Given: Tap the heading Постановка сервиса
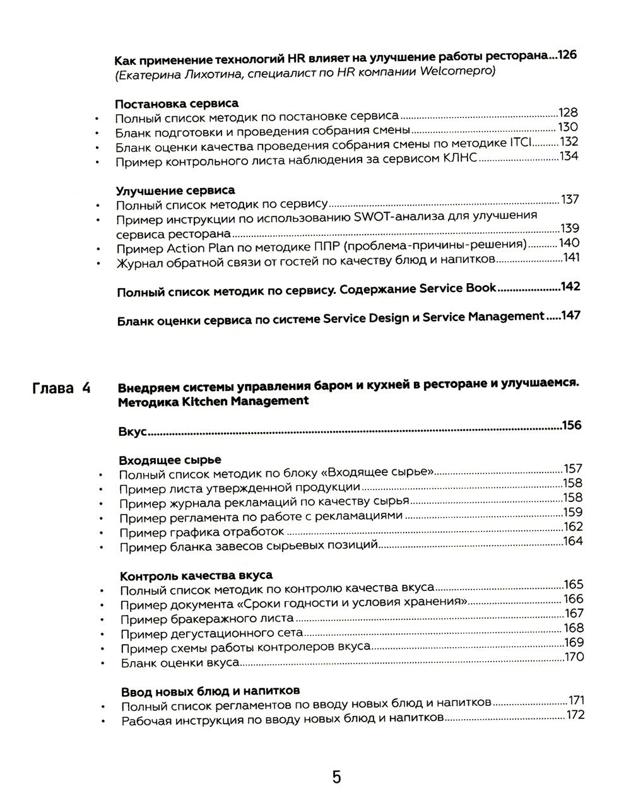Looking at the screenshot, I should click(177, 103).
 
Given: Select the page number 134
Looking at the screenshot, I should click(569, 156).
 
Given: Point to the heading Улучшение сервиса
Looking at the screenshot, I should click(175, 190).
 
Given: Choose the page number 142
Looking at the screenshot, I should click(570, 287).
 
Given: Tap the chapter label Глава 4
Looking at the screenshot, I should click(61, 388).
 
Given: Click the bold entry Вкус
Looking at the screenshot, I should click(133, 432).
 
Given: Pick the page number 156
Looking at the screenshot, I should click(572, 425).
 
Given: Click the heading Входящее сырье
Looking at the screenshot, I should click(170, 460).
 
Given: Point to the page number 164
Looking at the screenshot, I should click(573, 541).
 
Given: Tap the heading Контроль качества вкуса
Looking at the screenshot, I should click(196, 576).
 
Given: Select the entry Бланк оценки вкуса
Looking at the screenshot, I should click(180, 663).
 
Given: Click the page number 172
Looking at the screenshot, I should click(575, 715).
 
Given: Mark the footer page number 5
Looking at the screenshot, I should click(336, 776).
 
